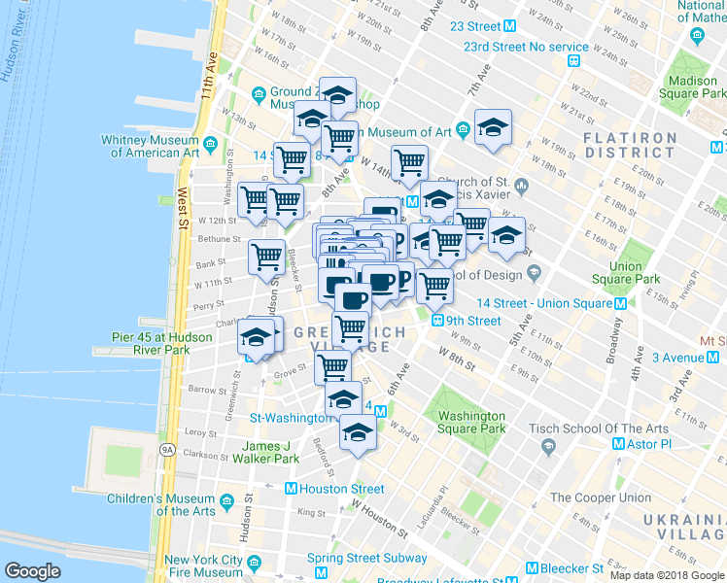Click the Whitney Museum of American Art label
coord(151,146)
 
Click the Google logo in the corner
coord(33,571)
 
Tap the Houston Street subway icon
coord(290,489)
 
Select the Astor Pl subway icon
coord(617,443)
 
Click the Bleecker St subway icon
coord(532,568)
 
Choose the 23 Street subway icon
coord(509,26)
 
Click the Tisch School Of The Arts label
coord(598,429)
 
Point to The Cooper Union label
coord(600,497)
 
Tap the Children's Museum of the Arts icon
coord(226,502)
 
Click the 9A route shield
coord(166,450)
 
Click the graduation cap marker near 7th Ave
coord(493,127)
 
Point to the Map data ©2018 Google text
coord(667,575)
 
